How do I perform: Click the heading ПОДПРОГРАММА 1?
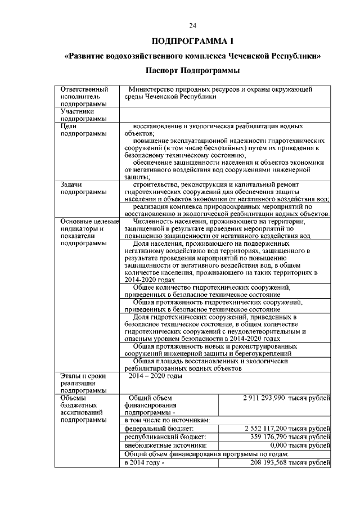click(192, 42)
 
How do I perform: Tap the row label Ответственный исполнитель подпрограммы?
click(84, 96)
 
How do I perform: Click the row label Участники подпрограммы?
click(84, 115)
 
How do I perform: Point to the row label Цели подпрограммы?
click(84, 130)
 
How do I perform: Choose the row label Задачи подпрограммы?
click(84, 188)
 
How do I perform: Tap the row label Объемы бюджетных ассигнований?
click(84, 410)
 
